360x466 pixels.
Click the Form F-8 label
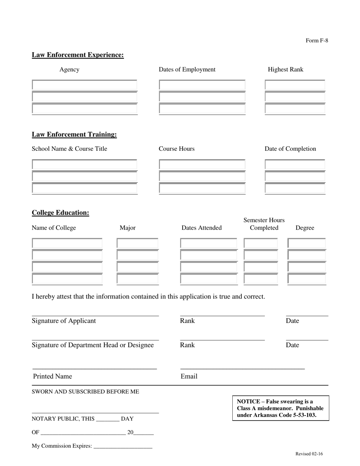pos(317,41)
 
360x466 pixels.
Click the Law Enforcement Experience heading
pos(78,55)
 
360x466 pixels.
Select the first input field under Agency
pos(85,85)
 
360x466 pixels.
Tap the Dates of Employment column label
pos(187,69)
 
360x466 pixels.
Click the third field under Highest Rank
pos(295,109)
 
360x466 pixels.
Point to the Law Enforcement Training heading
pos(74,134)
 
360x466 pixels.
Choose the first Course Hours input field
pos(202,165)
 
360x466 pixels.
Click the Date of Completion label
pos(290,149)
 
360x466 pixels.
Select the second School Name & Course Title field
pos(85,177)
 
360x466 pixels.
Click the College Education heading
pos(60,213)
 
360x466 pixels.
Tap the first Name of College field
pos(67,243)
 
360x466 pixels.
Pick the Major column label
pos(127,228)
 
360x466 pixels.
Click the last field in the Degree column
pos(307,279)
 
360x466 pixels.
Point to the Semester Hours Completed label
pos(264,224)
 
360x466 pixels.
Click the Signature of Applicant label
pos(64,321)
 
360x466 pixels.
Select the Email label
pos(189,376)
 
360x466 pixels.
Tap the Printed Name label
pos(52,376)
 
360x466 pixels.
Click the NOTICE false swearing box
pos(280,408)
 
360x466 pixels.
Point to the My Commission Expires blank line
pos(122,446)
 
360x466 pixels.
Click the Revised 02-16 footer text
pos(309,454)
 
